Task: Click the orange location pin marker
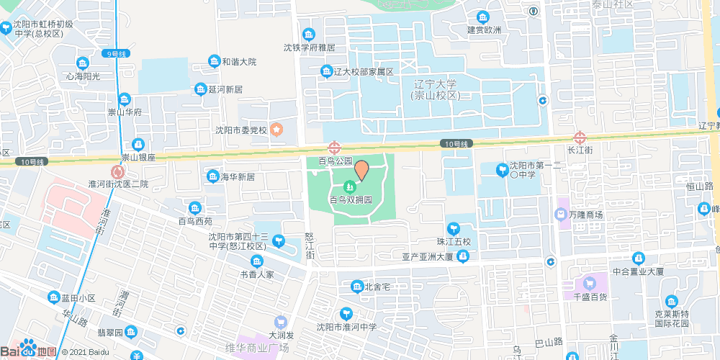coord(361,170)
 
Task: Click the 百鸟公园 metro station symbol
coord(334,148)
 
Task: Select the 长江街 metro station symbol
coord(580,137)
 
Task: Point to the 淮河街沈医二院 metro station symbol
coord(117,172)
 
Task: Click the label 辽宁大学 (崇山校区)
coord(436,89)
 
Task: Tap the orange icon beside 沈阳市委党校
coord(277,130)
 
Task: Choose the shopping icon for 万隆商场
coord(560,215)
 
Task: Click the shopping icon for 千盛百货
coord(590,283)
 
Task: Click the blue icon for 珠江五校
coord(453,229)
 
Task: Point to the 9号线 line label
coord(115,54)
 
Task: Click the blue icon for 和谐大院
coord(214,62)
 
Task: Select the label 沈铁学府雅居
coord(309,48)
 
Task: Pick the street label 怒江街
coord(310,245)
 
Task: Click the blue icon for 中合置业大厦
coord(638,258)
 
